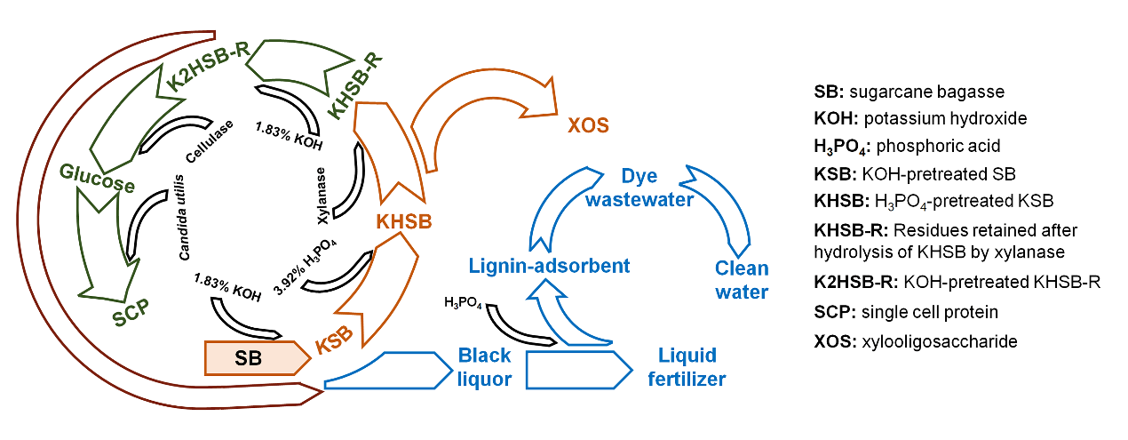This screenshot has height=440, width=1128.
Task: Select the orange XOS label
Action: click(x=588, y=125)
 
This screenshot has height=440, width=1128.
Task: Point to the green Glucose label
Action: click(x=98, y=177)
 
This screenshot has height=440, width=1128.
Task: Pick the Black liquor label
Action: click(x=484, y=367)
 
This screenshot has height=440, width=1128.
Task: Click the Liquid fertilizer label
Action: click(x=685, y=367)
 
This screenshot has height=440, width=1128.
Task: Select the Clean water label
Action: click(x=742, y=279)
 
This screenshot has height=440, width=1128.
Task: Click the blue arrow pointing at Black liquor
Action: click(x=385, y=369)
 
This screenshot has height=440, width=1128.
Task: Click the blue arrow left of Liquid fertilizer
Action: click(x=577, y=368)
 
